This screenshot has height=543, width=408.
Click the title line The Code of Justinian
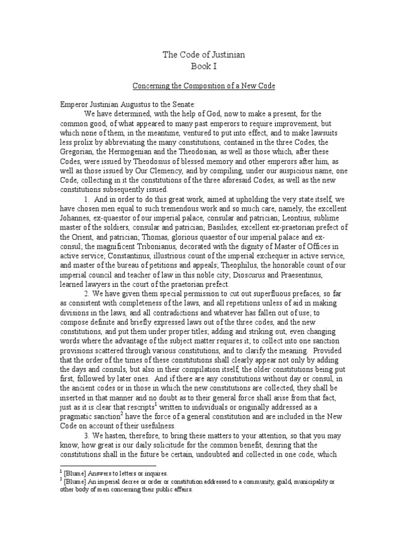tap(204, 55)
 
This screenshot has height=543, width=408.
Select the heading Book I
tap(204, 66)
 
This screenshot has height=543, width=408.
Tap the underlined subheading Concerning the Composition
tap(204, 86)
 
